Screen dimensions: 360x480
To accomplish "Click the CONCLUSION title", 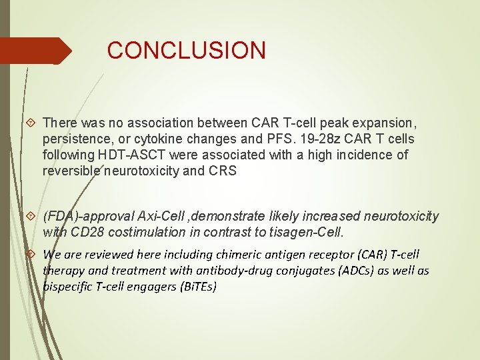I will pos(186,51).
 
